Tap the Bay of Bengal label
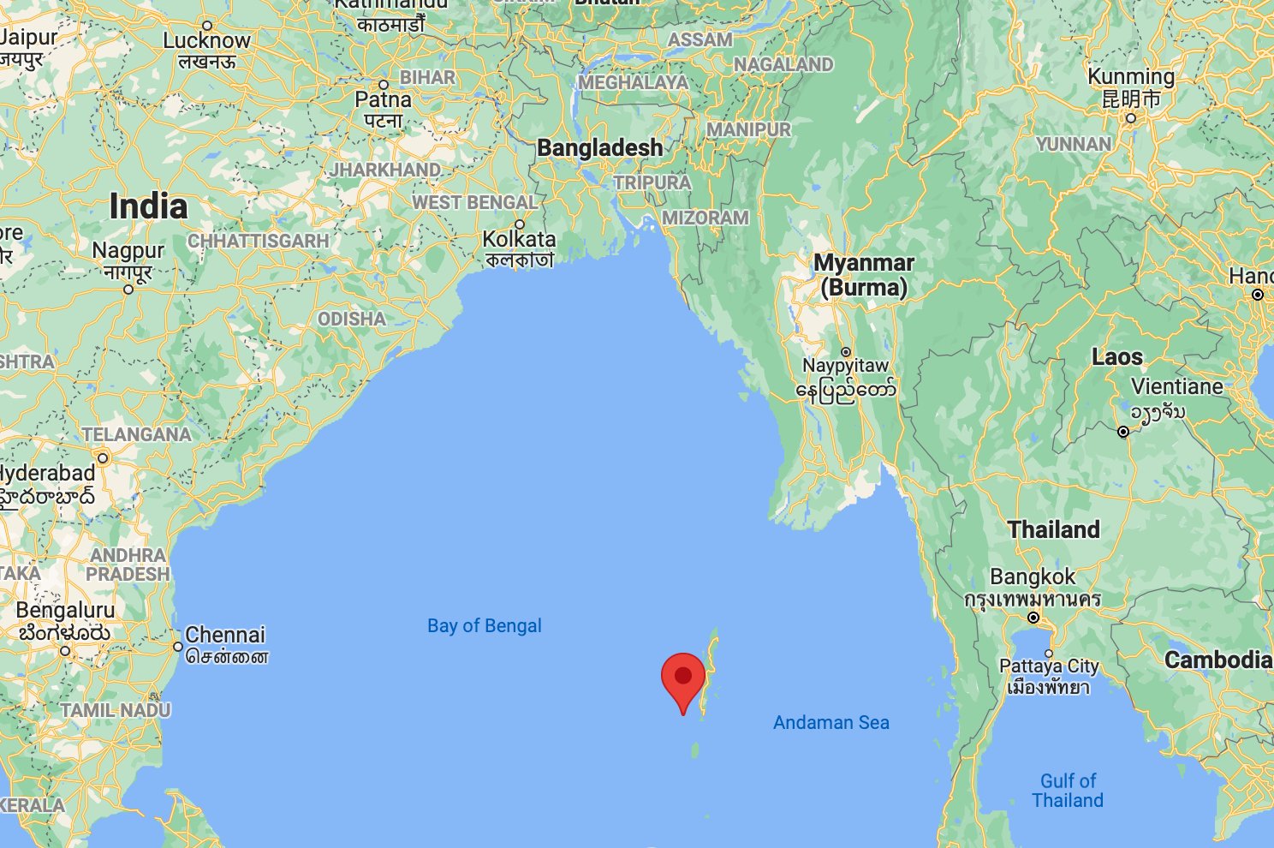(485, 626)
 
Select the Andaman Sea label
(830, 723)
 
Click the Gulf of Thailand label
(1068, 791)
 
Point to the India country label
(148, 206)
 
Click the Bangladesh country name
(599, 148)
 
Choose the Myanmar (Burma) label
(863, 274)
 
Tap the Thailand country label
(1053, 529)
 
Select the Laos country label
(1116, 357)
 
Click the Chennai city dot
(178, 647)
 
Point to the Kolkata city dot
(520, 224)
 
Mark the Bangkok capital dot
(1033, 618)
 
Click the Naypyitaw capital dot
(846, 352)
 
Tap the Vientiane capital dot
(1123, 432)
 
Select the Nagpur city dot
(128, 289)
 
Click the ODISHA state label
(351, 319)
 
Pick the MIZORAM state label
(705, 218)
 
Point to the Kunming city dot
(1131, 118)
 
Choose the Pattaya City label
(1049, 666)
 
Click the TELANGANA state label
(137, 434)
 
